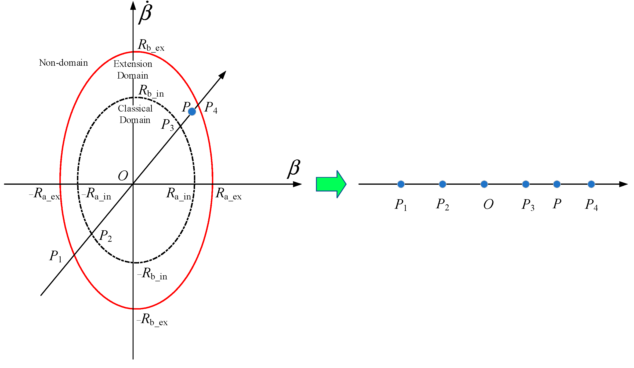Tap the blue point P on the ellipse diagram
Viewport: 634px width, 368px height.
(x=192, y=112)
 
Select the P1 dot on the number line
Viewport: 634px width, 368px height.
(x=401, y=184)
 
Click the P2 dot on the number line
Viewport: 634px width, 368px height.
(x=442, y=184)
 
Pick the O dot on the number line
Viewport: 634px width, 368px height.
(x=484, y=184)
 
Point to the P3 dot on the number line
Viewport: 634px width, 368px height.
(x=526, y=184)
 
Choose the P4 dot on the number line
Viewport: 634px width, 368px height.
(x=591, y=184)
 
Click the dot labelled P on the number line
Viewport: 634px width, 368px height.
(x=557, y=184)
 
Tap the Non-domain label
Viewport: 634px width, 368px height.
(x=63, y=63)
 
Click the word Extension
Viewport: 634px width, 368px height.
(x=133, y=64)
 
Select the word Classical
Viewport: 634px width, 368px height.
(x=135, y=108)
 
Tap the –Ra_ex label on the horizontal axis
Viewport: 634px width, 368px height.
(x=44, y=194)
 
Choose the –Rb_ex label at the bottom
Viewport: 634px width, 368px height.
(x=152, y=319)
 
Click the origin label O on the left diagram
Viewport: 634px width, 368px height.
(x=123, y=176)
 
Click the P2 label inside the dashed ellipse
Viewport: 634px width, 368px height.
(x=105, y=236)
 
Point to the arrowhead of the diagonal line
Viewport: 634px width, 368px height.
(x=223, y=75)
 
